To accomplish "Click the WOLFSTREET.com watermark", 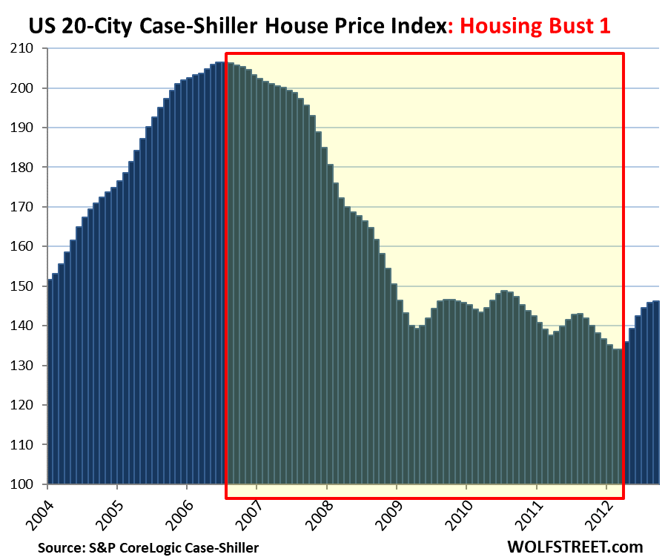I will click(x=575, y=547).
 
